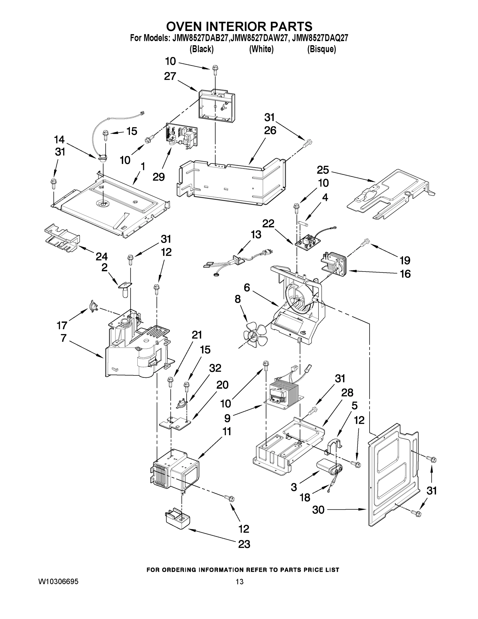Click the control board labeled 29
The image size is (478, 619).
[x=181, y=136]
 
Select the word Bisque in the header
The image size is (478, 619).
[x=322, y=49]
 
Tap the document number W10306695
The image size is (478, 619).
[x=58, y=582]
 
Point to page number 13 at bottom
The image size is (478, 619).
[x=239, y=582]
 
